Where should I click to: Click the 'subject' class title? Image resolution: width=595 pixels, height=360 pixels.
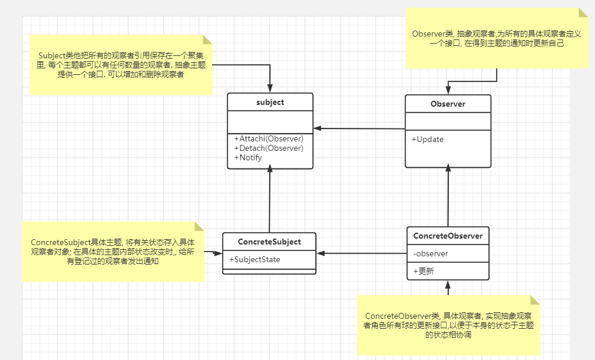click(x=270, y=103)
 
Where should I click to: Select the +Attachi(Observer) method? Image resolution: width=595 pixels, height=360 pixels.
click(x=269, y=139)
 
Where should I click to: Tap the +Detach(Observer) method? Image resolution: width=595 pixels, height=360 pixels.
click(x=269, y=148)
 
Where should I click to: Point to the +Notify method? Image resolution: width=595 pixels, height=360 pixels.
click(x=248, y=157)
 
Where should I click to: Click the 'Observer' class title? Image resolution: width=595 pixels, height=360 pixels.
click(x=448, y=104)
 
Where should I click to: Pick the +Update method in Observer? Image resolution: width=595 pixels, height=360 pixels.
click(x=428, y=140)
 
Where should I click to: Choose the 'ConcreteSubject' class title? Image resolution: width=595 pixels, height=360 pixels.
click(x=269, y=242)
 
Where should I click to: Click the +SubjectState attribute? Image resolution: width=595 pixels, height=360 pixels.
click(x=254, y=259)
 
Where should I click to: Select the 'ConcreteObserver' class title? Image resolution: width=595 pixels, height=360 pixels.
click(x=448, y=236)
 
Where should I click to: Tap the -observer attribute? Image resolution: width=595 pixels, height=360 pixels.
click(x=431, y=254)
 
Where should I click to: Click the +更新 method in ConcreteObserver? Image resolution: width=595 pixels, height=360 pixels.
click(x=423, y=271)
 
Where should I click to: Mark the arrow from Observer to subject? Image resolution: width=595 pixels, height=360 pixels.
click(x=359, y=128)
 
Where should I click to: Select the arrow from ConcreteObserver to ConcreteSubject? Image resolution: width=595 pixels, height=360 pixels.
click(x=362, y=253)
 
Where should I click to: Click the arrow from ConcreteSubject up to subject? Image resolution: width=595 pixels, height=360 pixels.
click(x=269, y=200)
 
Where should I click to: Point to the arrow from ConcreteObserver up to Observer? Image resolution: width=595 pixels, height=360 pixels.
click(x=448, y=197)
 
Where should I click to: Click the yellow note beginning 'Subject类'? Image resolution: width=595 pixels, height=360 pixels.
click(x=121, y=65)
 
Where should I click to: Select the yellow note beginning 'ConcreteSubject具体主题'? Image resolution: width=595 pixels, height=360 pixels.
click(x=112, y=252)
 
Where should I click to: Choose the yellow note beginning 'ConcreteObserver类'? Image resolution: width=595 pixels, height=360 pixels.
click(x=448, y=325)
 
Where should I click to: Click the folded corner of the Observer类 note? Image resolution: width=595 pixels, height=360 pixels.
click(x=584, y=13)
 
